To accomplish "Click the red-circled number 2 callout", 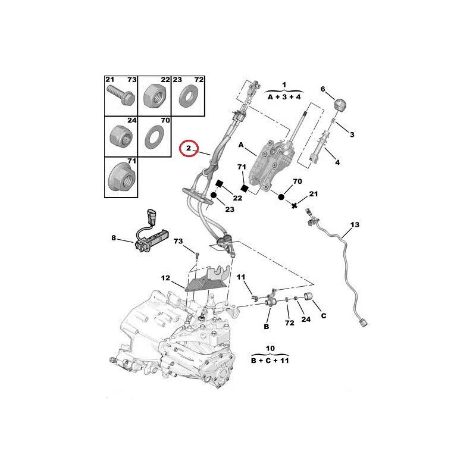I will pos(189,148).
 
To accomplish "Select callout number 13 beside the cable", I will pos(355,225).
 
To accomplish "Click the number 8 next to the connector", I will pos(114,239).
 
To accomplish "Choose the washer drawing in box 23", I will pos(189,96).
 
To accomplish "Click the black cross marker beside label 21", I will pos(295,205).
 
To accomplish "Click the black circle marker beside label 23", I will pos(212,197).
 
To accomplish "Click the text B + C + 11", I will pos(270,360).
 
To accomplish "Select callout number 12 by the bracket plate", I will pos(166,278).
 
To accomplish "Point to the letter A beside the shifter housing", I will pos(242,145).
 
